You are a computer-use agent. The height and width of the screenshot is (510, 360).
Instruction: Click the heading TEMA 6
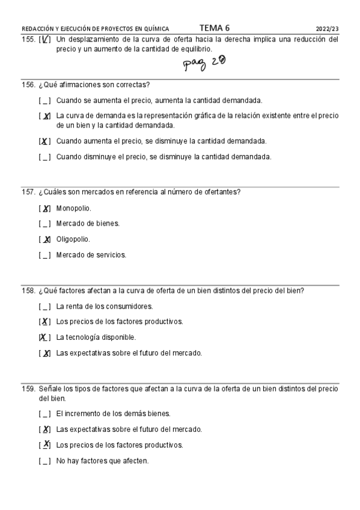(x=214, y=28)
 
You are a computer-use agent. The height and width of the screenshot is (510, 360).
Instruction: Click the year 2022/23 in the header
(x=327, y=28)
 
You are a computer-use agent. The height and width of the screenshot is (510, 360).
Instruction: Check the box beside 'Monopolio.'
(x=44, y=209)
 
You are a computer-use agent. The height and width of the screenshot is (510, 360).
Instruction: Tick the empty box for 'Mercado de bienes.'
(x=44, y=224)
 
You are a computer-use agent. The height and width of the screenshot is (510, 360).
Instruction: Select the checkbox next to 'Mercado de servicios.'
(x=44, y=255)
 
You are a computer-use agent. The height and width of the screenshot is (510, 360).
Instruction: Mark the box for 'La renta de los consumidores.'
(x=44, y=306)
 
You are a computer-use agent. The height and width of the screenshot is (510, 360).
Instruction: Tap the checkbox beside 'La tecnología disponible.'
(x=44, y=337)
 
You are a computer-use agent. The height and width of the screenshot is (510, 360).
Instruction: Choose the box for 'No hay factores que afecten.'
(x=44, y=461)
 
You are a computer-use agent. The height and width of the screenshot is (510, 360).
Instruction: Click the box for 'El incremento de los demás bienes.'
(x=44, y=414)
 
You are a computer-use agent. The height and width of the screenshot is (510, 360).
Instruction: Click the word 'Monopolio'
(x=73, y=209)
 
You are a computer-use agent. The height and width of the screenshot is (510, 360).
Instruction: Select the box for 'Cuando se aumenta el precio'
(x=44, y=100)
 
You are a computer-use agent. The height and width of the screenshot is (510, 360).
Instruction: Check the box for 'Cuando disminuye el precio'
(x=44, y=157)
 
